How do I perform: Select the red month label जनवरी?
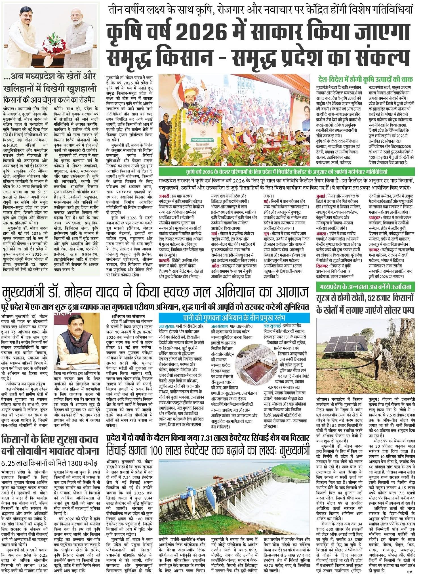click(x=165, y=196)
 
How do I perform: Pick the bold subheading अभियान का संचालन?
click(x=128, y=316)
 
